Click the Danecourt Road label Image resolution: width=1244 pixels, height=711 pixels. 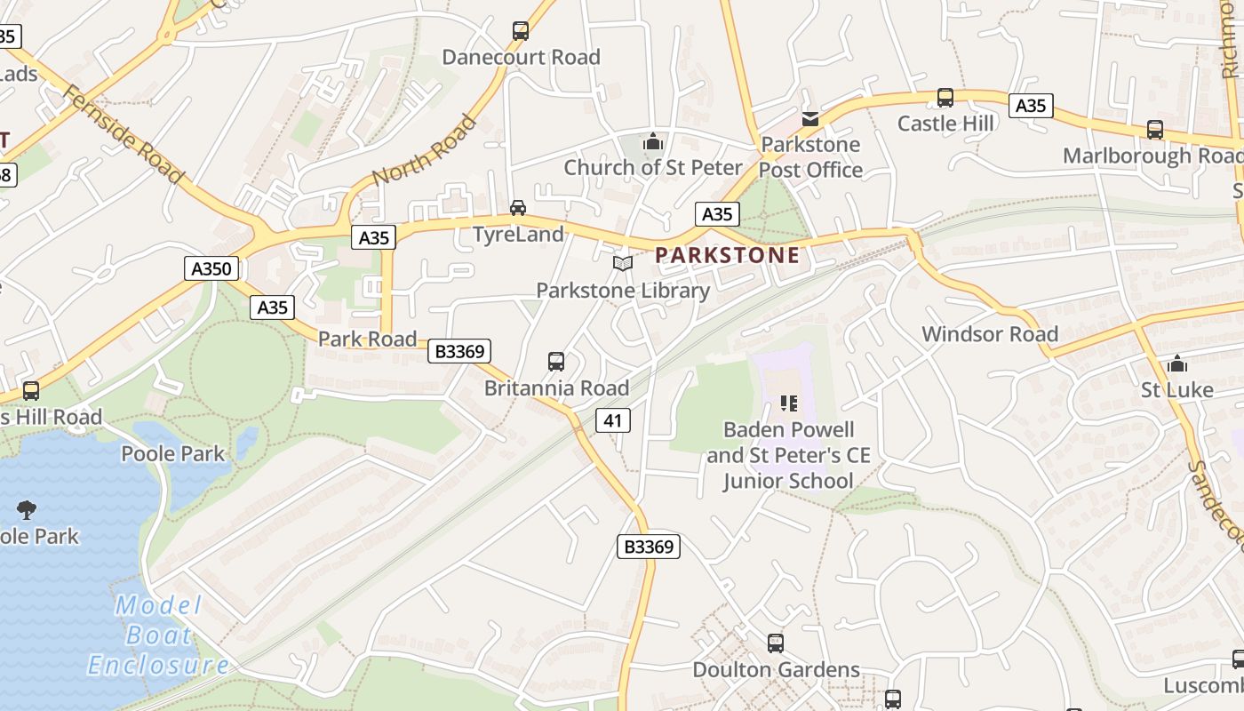pos(521,57)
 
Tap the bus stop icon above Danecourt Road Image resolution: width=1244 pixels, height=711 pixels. pos(521,31)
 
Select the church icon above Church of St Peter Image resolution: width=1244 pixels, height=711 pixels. pos(653,141)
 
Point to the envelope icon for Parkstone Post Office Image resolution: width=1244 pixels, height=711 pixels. pos(810,118)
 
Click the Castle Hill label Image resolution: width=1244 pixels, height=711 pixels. pos(945,123)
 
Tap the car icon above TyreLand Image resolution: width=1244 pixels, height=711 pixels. pos(517,208)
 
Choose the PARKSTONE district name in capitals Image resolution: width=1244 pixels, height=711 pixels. pos(727,255)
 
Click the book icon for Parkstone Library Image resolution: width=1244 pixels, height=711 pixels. pos(623,264)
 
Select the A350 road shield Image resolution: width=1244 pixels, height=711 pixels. pos(211,268)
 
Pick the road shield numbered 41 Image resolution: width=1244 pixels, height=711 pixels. pos(613,420)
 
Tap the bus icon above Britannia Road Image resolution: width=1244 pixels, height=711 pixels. pos(556,362)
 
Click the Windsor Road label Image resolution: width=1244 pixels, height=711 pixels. pos(990,334)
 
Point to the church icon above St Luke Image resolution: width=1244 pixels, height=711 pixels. pos(1177,363)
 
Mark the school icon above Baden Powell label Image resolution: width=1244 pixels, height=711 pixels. pos(788,403)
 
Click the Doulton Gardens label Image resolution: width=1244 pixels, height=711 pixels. pos(776,669)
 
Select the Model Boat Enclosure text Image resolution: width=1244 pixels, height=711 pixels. pos(158,635)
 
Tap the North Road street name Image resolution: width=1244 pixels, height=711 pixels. pos(424,149)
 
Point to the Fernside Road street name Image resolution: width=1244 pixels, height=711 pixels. pos(124,134)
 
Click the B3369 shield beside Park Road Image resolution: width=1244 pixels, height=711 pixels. pos(459,352)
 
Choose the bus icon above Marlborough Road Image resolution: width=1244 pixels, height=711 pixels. pos(1154,130)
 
